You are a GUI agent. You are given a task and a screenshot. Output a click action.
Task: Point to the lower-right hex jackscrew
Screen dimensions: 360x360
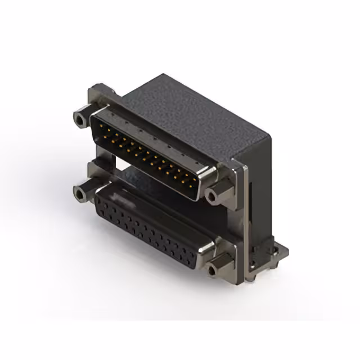(213, 271)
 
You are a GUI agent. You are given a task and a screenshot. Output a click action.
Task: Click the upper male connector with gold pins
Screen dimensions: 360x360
(149, 152)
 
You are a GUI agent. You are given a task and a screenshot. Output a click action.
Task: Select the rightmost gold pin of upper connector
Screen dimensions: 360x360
(195, 183)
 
